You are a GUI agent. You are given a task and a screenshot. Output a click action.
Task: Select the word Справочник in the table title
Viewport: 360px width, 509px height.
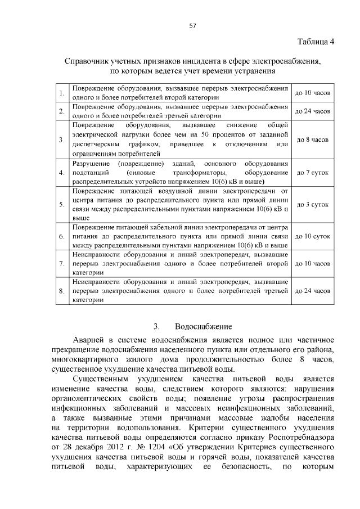(89, 62)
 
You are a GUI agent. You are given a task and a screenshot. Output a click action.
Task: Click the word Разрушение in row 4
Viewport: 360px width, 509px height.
(89, 163)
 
